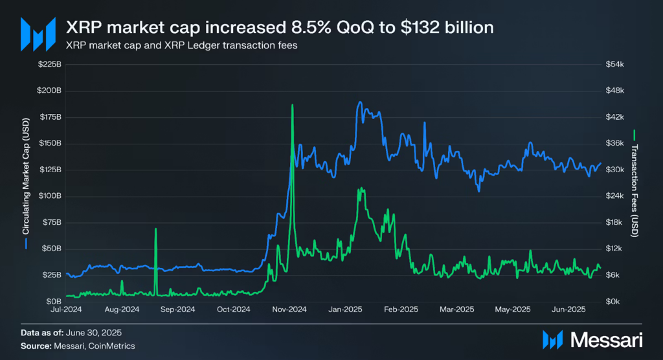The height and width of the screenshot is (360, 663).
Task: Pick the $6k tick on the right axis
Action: coord(612,275)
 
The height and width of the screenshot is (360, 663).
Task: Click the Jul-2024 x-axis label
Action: coord(66,309)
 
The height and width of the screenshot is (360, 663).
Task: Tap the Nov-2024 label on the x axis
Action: coord(289,309)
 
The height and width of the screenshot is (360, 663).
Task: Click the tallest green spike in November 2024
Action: coord(292,105)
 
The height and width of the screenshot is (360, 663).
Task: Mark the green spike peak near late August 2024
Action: coord(155,229)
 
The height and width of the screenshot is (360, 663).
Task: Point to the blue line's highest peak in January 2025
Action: coord(359,102)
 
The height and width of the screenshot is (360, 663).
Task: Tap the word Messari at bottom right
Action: coord(606,339)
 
